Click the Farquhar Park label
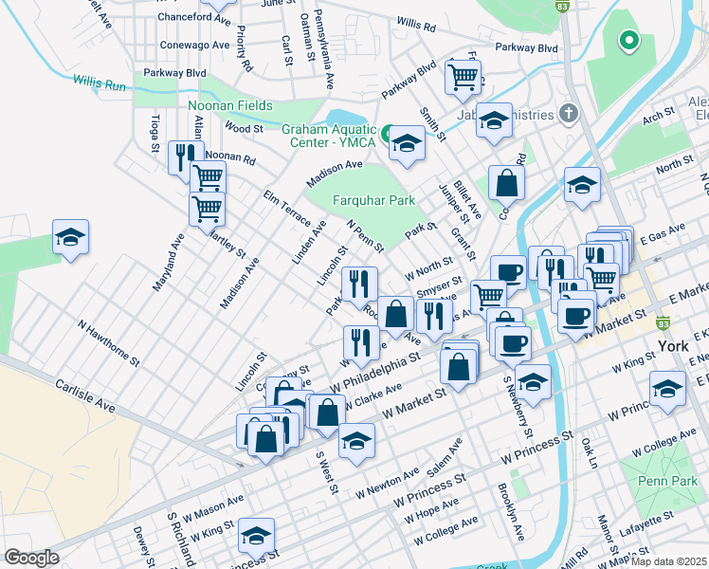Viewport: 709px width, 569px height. tap(374, 201)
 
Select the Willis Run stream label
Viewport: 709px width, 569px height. tap(98, 84)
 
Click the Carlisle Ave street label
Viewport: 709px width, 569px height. tap(84, 395)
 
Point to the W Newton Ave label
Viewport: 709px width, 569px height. tap(387, 486)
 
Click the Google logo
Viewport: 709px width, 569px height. tap(31, 558)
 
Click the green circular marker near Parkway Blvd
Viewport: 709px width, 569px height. tap(626, 40)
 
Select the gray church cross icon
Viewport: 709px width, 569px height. tap(568, 113)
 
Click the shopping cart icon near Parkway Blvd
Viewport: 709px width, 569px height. tap(463, 78)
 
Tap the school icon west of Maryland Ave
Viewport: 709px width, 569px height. tap(70, 237)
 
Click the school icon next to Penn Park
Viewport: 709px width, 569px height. tap(667, 388)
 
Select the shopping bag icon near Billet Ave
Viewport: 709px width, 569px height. tap(507, 182)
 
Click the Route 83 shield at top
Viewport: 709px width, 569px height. tap(562, 6)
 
